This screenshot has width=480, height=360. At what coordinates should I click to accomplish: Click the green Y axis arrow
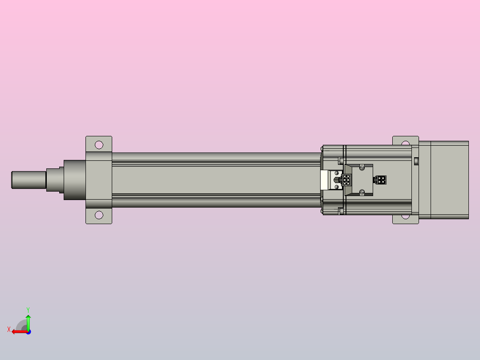28,322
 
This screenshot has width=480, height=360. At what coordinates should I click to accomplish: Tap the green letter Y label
28,309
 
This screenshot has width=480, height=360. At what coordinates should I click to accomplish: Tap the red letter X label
9,329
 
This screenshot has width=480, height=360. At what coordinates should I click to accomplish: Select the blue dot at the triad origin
28,331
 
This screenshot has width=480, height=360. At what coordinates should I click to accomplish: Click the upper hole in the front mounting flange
99,145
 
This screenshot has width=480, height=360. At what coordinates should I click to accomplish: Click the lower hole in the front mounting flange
99,215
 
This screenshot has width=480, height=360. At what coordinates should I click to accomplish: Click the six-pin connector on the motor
346,180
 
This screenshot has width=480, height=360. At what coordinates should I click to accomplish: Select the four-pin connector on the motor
381,180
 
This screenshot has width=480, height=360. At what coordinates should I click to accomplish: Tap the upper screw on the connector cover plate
362,167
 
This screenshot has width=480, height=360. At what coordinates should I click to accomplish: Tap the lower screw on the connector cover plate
362,192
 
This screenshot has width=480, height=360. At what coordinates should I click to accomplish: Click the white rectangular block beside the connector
326,180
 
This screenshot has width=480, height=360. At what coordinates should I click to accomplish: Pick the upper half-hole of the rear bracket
405,143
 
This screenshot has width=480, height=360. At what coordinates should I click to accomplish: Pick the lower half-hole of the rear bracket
405,217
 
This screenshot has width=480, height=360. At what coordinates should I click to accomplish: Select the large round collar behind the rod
75,180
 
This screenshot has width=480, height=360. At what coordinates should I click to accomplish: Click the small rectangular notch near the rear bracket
416,161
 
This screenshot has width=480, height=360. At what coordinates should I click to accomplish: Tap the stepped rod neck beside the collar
55,180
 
